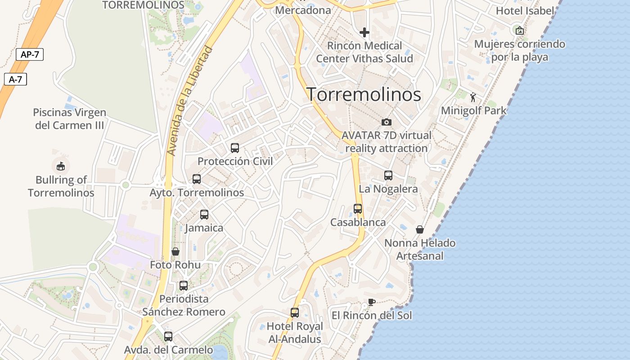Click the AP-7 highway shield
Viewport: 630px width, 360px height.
pos(30,55)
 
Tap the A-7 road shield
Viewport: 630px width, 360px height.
pos(15,80)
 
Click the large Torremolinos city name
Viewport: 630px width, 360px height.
pos(364,94)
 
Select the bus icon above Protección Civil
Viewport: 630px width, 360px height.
pos(235,148)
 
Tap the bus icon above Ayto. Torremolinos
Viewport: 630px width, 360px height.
pos(197,179)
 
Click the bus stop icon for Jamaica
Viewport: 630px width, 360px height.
pos(204,215)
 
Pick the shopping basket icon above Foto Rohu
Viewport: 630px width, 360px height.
pos(175,251)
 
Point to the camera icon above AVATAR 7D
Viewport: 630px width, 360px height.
pos(386,122)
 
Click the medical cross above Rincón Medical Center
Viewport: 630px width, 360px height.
pos(364,32)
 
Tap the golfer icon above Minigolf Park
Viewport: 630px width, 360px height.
pos(473,97)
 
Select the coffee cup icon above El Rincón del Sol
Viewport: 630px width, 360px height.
pos(371,302)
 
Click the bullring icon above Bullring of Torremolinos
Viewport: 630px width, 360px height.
pos(61,166)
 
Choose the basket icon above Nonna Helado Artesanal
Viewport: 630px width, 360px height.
pos(420,229)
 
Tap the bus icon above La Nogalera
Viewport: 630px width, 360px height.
pos(388,175)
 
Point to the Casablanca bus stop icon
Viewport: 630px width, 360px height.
pos(358,209)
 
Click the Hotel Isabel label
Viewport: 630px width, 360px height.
pos(525,10)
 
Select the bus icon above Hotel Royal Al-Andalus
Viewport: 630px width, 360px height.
pos(295,312)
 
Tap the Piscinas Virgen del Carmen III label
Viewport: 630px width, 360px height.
pos(70,119)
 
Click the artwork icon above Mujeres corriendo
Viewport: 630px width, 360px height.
pos(520,30)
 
